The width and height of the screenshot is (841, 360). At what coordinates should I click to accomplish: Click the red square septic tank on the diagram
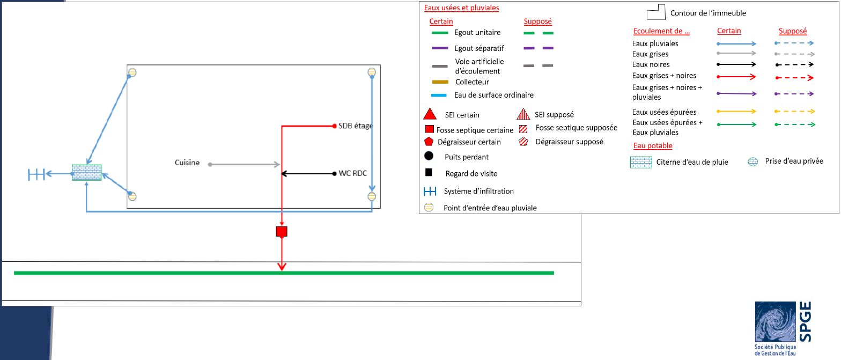click(x=282, y=231)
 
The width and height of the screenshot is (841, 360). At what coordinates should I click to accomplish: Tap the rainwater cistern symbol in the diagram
click(x=86, y=173)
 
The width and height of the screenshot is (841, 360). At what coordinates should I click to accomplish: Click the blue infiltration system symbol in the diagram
click(x=36, y=173)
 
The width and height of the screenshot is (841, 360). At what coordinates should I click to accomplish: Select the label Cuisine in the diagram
click(x=187, y=163)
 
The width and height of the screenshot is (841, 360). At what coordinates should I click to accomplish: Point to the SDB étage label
click(x=356, y=126)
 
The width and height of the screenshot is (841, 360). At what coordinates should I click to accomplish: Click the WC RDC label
click(x=352, y=173)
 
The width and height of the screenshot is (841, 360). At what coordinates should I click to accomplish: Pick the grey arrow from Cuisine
click(x=245, y=164)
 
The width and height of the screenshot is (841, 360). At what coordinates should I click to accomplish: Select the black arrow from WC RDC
click(x=308, y=173)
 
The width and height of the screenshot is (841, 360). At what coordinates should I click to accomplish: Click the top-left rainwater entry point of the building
click(x=132, y=72)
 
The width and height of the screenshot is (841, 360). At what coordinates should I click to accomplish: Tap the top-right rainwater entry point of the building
click(x=371, y=72)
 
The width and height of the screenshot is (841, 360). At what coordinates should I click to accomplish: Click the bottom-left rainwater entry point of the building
click(x=132, y=196)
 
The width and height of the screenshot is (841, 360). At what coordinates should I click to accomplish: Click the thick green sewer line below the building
click(x=283, y=273)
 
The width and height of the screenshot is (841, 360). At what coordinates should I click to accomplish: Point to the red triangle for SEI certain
click(x=429, y=114)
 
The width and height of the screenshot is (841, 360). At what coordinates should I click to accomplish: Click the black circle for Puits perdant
click(x=429, y=157)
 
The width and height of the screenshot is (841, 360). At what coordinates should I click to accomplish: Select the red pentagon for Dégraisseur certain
click(x=429, y=142)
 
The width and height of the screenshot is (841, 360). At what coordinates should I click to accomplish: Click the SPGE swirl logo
click(x=776, y=321)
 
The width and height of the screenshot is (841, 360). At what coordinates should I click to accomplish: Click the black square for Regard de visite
click(x=429, y=173)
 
